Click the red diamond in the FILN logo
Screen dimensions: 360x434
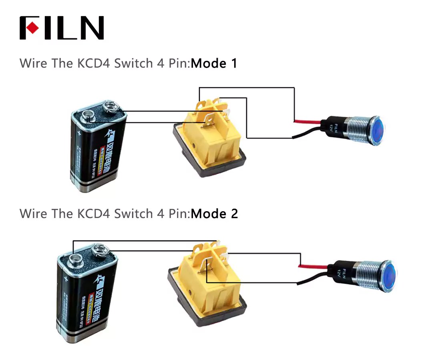[33, 28]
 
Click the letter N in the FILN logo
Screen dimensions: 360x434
[91, 28]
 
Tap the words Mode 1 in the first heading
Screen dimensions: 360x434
[214, 63]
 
